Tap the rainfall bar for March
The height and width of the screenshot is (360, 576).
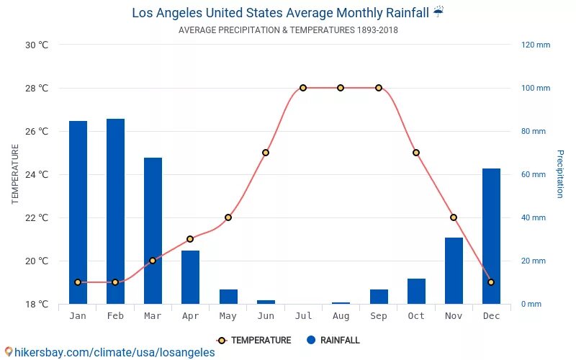(x=153, y=230)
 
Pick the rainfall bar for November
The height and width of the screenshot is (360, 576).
(x=454, y=271)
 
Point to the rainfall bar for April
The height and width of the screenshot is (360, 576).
(x=190, y=277)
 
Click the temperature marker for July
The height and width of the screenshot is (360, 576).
(x=303, y=88)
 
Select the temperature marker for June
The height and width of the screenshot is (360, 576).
(x=266, y=153)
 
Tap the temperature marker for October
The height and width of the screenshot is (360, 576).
(x=416, y=153)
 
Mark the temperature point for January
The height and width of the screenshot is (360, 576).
(x=78, y=282)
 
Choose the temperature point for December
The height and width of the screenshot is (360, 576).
(x=491, y=282)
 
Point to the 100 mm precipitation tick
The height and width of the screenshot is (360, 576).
(x=536, y=88)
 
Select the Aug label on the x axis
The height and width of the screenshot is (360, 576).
(x=341, y=316)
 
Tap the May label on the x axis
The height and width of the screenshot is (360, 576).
(x=228, y=316)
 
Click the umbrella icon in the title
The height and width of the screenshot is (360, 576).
(x=439, y=12)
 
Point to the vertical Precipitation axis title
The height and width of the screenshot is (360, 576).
(x=559, y=174)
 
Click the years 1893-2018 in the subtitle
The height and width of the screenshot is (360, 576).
(x=377, y=30)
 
